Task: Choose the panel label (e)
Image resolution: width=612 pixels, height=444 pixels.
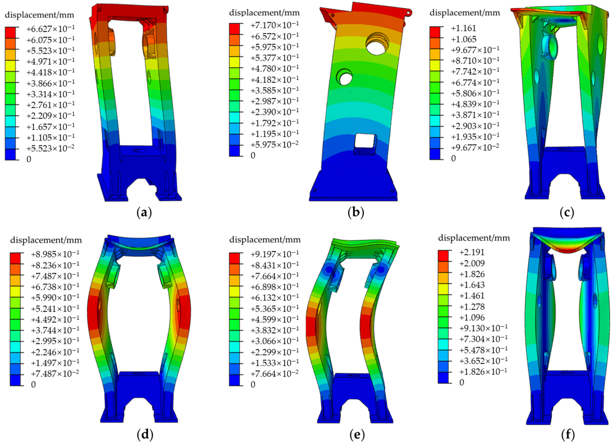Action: (356, 435)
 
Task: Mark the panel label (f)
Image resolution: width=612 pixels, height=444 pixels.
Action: (567, 435)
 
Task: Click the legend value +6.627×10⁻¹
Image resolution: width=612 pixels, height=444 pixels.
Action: (50, 28)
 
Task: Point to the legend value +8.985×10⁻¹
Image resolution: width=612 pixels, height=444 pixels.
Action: (55, 254)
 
